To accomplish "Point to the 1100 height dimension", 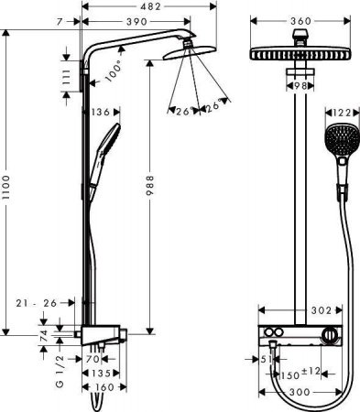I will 8,190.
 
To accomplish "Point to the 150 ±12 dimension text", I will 304,374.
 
